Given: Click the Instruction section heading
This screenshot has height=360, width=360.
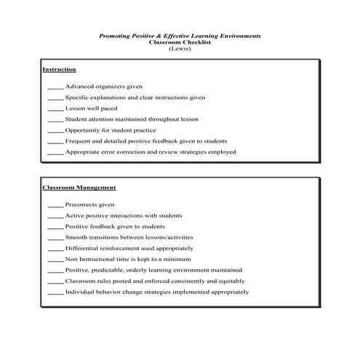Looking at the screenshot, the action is click(60, 69).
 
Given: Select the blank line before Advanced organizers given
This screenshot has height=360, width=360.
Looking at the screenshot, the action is click(55, 87).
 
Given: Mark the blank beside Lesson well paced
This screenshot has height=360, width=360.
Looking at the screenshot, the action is click(55, 109).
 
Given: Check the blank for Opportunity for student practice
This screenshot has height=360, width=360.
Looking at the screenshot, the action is click(55, 131).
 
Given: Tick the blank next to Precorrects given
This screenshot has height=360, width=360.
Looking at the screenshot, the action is click(55, 206).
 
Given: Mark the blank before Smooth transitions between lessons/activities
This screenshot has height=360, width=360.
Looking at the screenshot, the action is click(55, 239).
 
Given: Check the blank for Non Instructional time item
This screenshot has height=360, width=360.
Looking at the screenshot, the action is click(55, 260).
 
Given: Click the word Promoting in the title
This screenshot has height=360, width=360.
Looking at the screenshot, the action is click(116, 35).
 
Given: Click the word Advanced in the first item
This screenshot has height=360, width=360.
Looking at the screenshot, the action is click(79, 87).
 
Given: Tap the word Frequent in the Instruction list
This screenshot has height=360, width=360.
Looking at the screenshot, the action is click(78, 141).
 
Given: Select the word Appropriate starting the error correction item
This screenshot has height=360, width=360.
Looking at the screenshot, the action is click(82, 152).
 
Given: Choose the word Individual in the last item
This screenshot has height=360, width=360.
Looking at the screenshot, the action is click(79, 292).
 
